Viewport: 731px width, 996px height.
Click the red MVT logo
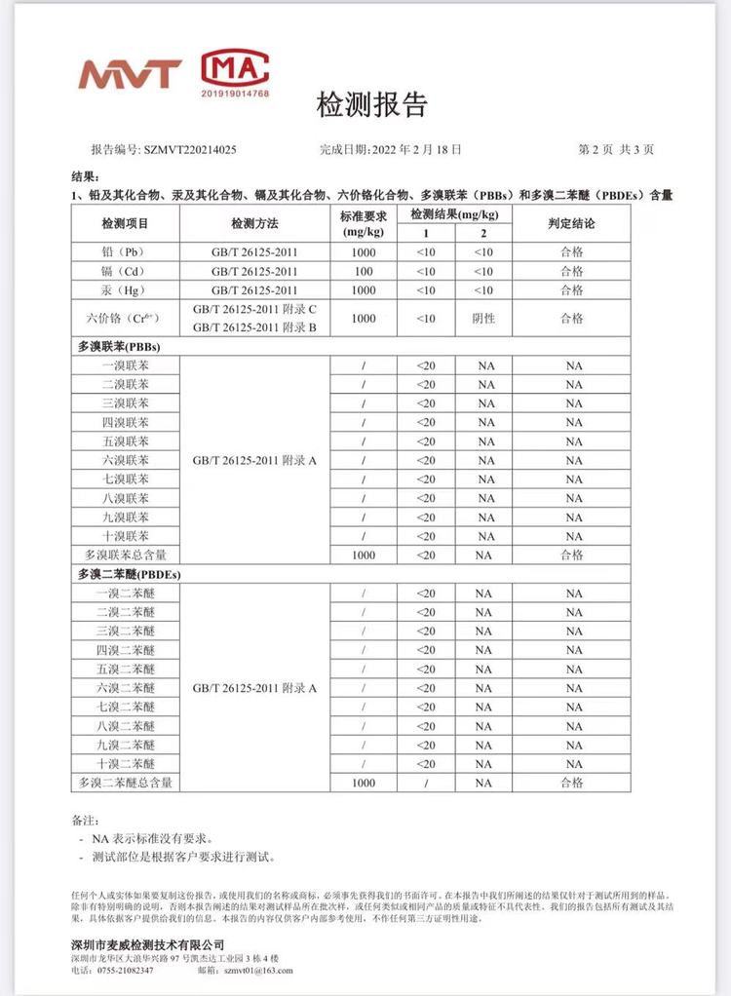pos(130,74)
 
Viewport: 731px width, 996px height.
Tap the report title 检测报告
pos(371,105)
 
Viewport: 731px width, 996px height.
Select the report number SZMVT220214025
pos(189,150)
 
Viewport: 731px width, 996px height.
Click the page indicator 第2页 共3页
pos(616,150)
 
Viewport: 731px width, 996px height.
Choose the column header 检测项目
pos(126,224)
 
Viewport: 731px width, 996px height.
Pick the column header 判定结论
pos(572,224)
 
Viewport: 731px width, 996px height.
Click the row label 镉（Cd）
pos(126,271)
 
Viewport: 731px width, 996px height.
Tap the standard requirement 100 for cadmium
pos(364,271)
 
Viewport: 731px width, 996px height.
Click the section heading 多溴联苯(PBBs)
pos(119,346)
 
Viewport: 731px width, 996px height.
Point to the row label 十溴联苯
pos(126,536)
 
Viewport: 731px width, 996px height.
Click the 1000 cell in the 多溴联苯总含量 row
pos(364,555)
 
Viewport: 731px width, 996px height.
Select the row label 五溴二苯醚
pos(126,669)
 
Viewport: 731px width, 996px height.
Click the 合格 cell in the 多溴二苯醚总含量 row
pos(572,783)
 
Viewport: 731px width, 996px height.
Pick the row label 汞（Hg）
pos(126,289)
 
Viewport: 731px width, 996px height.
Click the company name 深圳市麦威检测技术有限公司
pos(148,945)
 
